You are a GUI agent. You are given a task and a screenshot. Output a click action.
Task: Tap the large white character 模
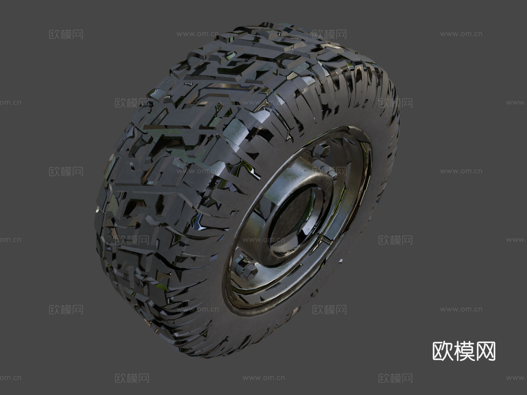pyautogui.click(x=464, y=351)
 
